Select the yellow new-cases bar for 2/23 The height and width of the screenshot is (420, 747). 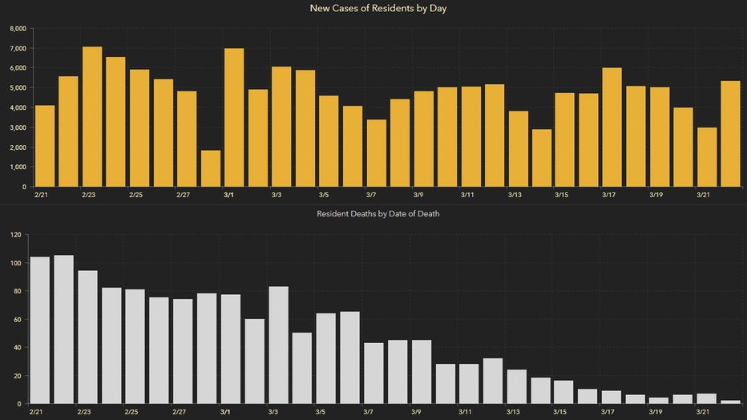pos(92,116)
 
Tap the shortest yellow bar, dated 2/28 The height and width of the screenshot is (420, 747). pos(211,168)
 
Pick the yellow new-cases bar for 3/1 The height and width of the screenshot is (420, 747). pos(234,117)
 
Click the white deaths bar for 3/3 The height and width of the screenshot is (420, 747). pos(278,345)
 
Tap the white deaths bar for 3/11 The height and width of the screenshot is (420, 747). pos(469,383)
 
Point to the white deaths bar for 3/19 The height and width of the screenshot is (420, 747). pos(658,399)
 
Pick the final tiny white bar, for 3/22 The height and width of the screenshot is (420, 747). pos(730,401)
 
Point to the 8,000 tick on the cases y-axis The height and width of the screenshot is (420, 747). pos(18,29)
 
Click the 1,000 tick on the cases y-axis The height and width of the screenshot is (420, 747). pos(18,167)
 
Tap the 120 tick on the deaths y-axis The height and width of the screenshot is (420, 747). pos(15,235)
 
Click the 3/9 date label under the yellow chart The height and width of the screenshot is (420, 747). pos(418,195)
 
